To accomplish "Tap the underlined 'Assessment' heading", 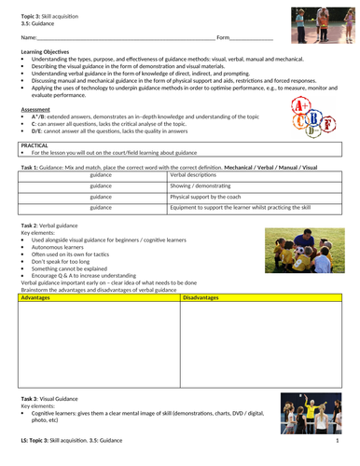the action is click(36, 108).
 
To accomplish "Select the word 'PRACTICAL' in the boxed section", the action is click(36, 144).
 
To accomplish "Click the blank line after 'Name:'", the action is click(131, 38).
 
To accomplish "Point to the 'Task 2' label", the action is click(33, 226).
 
